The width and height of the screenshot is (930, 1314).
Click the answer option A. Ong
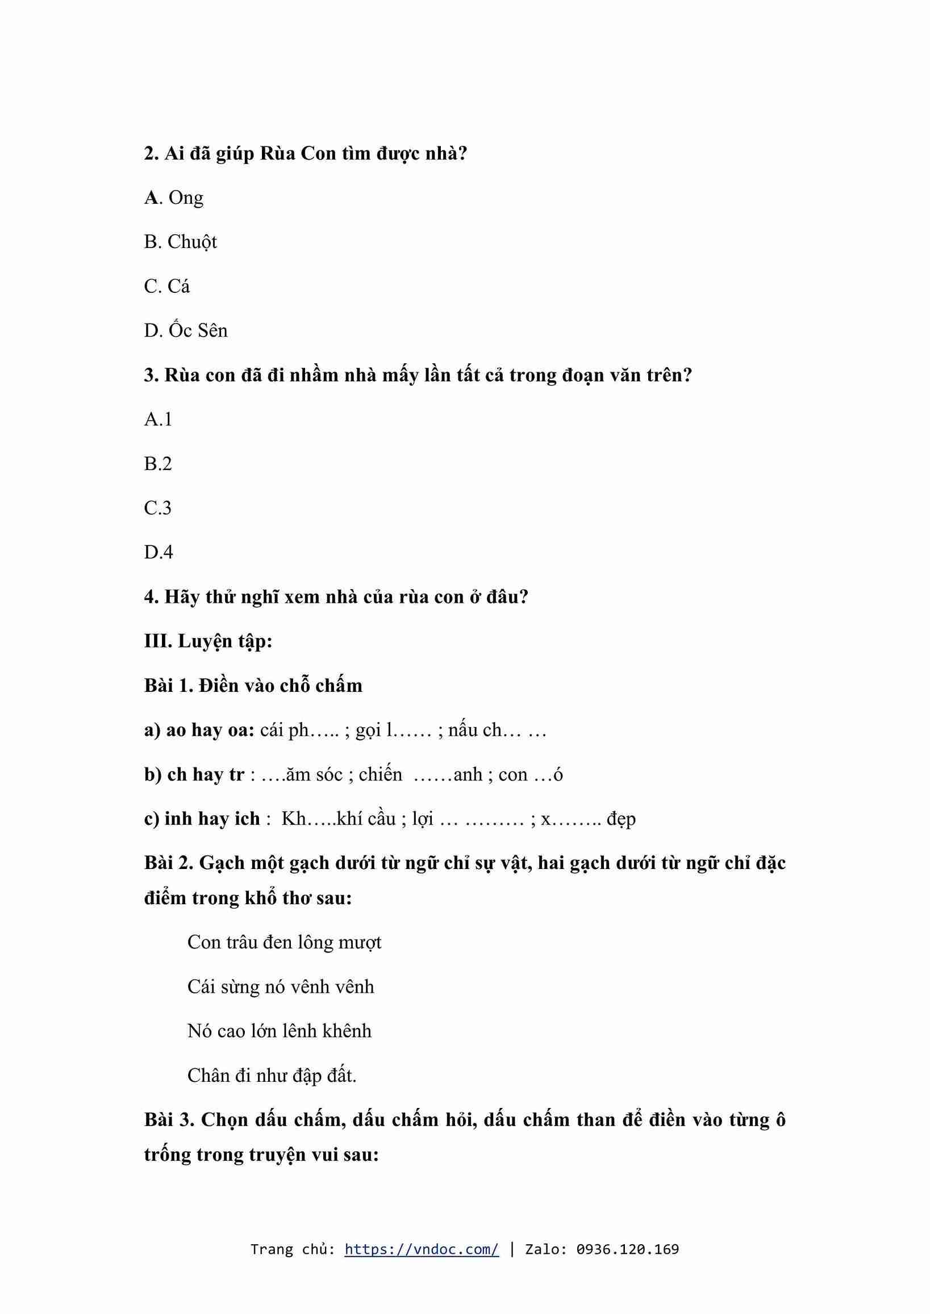click(x=173, y=198)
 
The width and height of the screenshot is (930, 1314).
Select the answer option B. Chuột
click(x=181, y=242)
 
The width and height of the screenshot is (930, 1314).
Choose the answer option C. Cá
click(x=166, y=286)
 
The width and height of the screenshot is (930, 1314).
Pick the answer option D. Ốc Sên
click(x=186, y=330)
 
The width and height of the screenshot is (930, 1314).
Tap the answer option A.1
click(x=158, y=419)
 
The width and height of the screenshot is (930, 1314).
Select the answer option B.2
click(x=158, y=464)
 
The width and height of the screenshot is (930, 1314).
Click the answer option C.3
click(x=158, y=508)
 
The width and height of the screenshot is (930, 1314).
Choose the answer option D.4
click(x=159, y=552)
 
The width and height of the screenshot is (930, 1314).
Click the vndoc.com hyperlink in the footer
click(x=422, y=1249)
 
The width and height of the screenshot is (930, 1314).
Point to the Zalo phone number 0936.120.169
click(x=627, y=1249)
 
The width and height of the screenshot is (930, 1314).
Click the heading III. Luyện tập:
click(x=208, y=641)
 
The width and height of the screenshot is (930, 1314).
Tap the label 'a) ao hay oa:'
click(x=199, y=731)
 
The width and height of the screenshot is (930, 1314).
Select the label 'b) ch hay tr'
click(x=194, y=775)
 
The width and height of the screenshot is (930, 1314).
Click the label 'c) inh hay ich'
click(x=202, y=819)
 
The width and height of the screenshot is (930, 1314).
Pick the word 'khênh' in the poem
click(x=347, y=1031)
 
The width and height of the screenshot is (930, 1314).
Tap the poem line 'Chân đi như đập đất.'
click(x=272, y=1076)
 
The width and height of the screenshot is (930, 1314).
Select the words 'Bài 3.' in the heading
click(x=169, y=1120)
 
